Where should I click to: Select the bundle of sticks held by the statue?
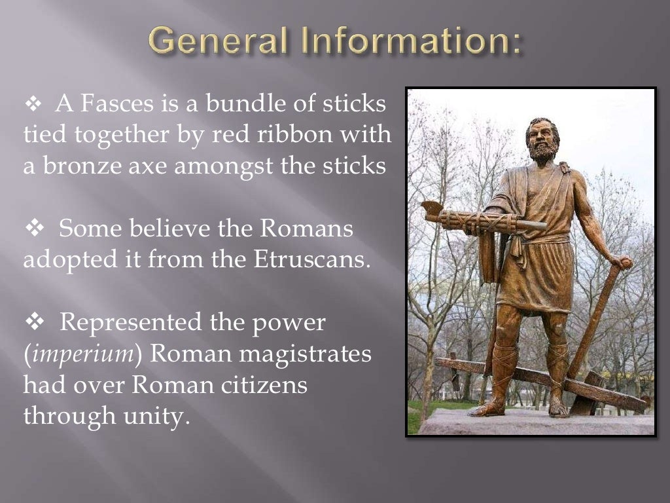click(x=484, y=221)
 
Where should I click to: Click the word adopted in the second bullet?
click(x=66, y=260)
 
